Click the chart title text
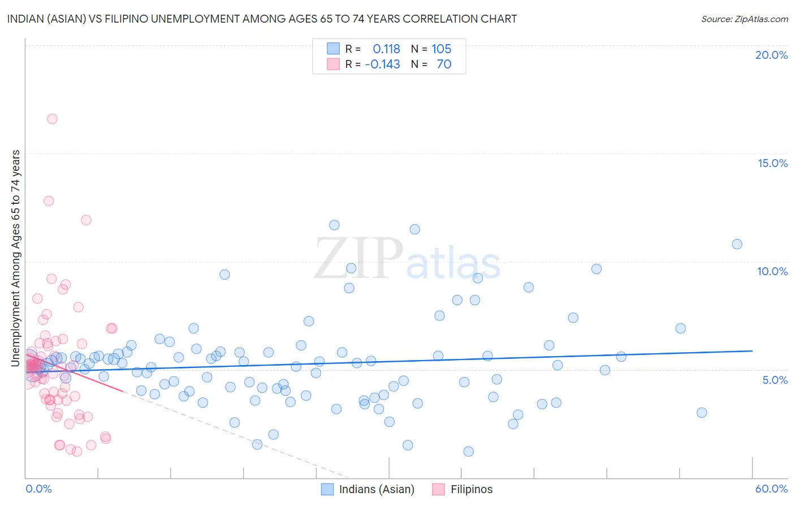262,19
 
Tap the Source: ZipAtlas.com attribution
744,19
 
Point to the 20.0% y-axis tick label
771,55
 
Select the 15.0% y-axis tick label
772,163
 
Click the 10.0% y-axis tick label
772,271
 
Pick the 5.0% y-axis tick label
775,380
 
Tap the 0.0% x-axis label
38,489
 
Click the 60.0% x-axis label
771,489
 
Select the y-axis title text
16,258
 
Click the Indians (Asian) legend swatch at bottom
327,489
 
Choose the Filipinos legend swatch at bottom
438,489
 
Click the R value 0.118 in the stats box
386,49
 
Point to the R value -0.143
382,65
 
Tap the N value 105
442,49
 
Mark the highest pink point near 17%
52,119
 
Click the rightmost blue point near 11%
737,244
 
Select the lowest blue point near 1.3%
468,451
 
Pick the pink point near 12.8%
49,201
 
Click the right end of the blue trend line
752,351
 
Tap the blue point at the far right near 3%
702,412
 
